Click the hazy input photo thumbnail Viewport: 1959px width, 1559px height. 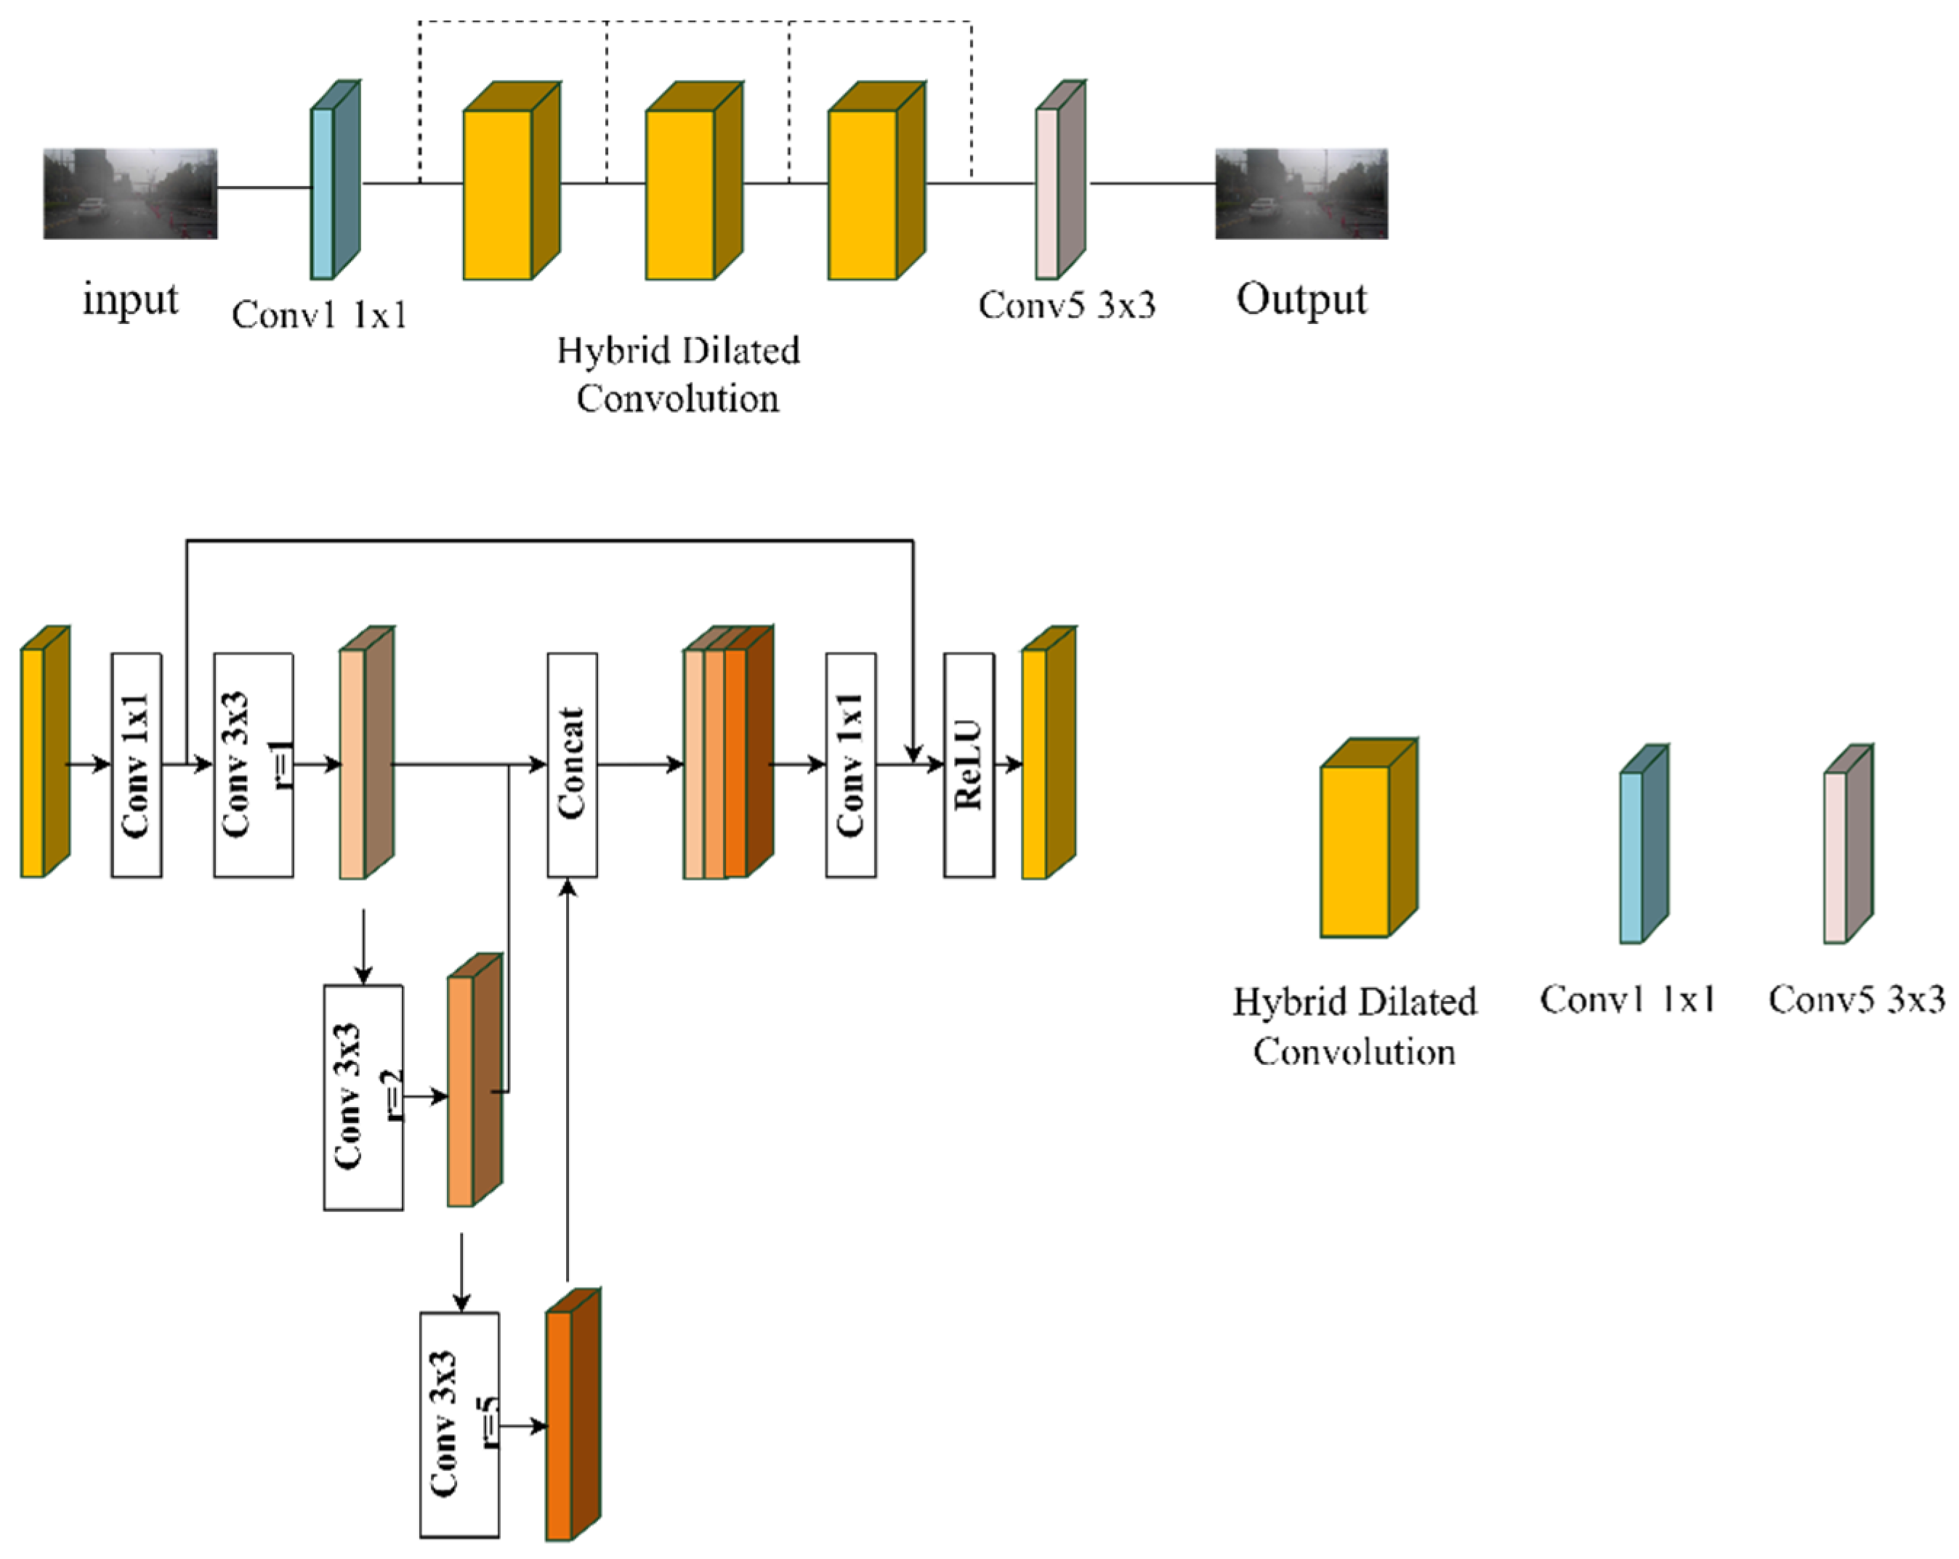coord(130,193)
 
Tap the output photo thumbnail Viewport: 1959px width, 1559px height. coord(1301,193)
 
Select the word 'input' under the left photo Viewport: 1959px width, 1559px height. coord(130,299)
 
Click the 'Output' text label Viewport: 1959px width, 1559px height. coord(1301,299)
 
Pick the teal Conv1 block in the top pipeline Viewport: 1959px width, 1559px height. coord(335,180)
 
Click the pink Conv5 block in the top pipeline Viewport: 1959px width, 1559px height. coord(1060,180)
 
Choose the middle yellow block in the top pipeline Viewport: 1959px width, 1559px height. coord(694,181)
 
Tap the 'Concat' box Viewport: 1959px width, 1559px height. coord(572,765)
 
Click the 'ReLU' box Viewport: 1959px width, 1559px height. coord(969,765)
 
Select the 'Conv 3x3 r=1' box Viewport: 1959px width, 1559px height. coord(254,765)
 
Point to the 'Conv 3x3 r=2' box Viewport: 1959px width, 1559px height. coord(363,1098)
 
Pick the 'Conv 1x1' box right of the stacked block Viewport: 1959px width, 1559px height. coord(850,765)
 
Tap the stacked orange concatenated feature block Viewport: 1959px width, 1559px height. coord(728,752)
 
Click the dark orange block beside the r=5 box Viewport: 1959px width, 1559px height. coord(573,1414)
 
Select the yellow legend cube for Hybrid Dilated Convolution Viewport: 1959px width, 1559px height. coord(1368,838)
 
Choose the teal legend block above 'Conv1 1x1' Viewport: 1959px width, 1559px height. coord(1644,844)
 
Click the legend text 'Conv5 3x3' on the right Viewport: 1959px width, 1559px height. coord(1857,1000)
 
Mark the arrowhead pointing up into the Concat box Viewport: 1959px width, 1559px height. coord(568,888)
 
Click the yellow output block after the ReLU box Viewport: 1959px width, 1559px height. coord(1049,752)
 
